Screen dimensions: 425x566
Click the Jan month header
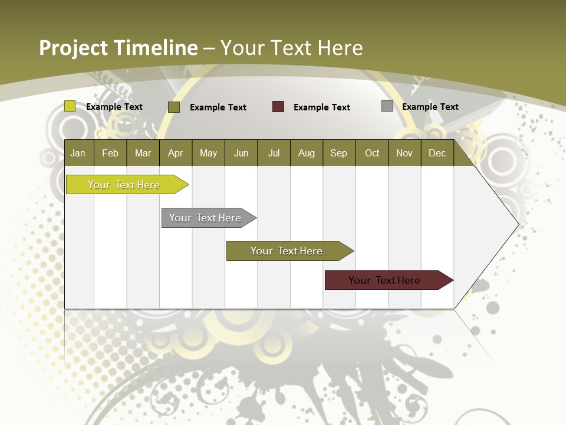coord(78,153)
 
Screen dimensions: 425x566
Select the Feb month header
coord(110,153)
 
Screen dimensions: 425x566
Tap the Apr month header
coord(175,153)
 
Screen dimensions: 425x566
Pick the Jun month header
coord(241,153)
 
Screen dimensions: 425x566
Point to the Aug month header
coord(306,153)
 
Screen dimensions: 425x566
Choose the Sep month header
coord(338,153)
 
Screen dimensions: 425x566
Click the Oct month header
coord(372,153)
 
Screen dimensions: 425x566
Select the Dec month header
coord(437,153)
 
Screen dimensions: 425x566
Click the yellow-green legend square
coord(70,106)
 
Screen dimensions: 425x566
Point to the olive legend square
coord(174,107)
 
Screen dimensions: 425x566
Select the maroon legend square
coord(278,107)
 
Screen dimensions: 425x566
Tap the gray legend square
coord(387,106)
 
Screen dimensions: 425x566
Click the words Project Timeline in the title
coord(118,48)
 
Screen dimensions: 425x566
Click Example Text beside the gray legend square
coord(430,107)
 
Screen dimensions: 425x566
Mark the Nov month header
coord(404,153)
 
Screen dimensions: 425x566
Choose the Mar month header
coord(143,153)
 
